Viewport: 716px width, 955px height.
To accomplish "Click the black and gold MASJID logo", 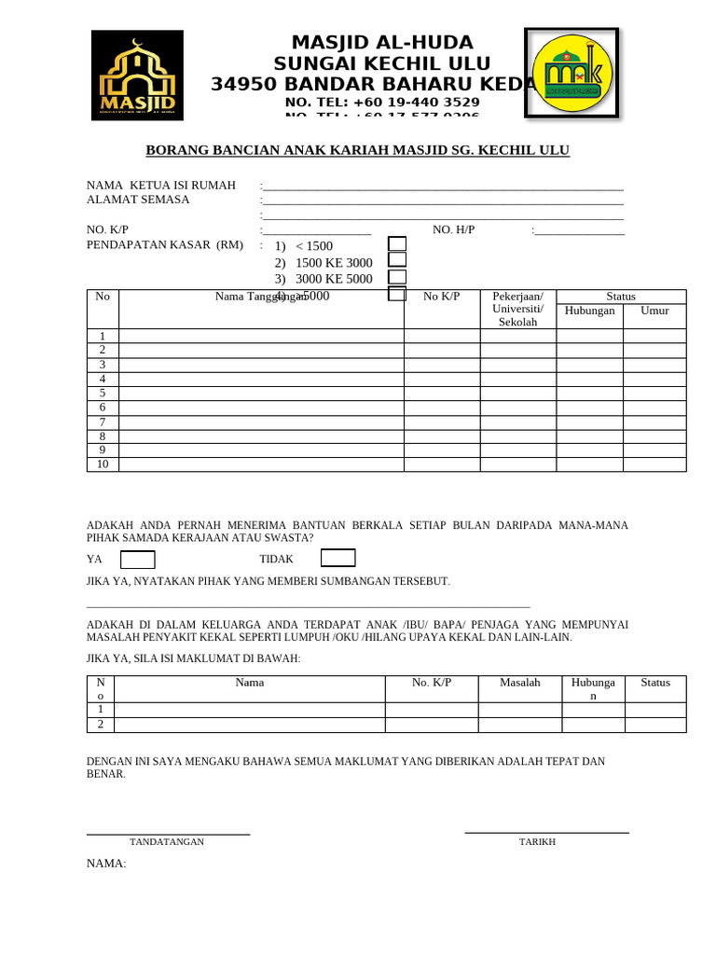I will tap(137, 76).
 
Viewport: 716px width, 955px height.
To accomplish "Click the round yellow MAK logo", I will tap(571, 73).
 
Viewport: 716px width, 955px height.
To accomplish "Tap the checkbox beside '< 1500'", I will tap(397, 244).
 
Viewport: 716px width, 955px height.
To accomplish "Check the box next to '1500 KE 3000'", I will tap(397, 260).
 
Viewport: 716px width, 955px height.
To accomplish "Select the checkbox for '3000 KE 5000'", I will tap(397, 277).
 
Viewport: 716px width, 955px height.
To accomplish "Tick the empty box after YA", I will tap(138, 560).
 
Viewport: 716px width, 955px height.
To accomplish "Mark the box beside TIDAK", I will tap(337, 558).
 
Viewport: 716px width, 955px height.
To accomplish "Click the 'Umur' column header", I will tap(654, 311).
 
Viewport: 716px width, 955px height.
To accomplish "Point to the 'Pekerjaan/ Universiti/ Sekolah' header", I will tap(517, 309).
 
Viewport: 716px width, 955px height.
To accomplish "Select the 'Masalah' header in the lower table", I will tap(520, 683).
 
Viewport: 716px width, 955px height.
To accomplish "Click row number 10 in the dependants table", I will tap(103, 464).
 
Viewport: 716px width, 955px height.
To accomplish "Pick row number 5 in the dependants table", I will tap(103, 394).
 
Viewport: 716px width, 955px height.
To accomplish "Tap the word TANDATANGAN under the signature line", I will tap(167, 842).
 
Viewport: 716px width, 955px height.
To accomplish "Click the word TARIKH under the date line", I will tap(537, 842).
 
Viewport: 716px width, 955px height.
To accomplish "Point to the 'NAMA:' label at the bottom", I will tap(106, 864).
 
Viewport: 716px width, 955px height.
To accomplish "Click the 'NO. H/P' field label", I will tap(454, 229).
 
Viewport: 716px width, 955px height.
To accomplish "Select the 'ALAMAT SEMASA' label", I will tap(138, 200).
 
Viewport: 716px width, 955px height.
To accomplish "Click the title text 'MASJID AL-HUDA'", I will tap(382, 43).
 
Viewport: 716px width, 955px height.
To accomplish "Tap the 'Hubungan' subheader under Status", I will tap(589, 311).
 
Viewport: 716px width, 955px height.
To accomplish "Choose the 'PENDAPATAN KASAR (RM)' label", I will tap(165, 245).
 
